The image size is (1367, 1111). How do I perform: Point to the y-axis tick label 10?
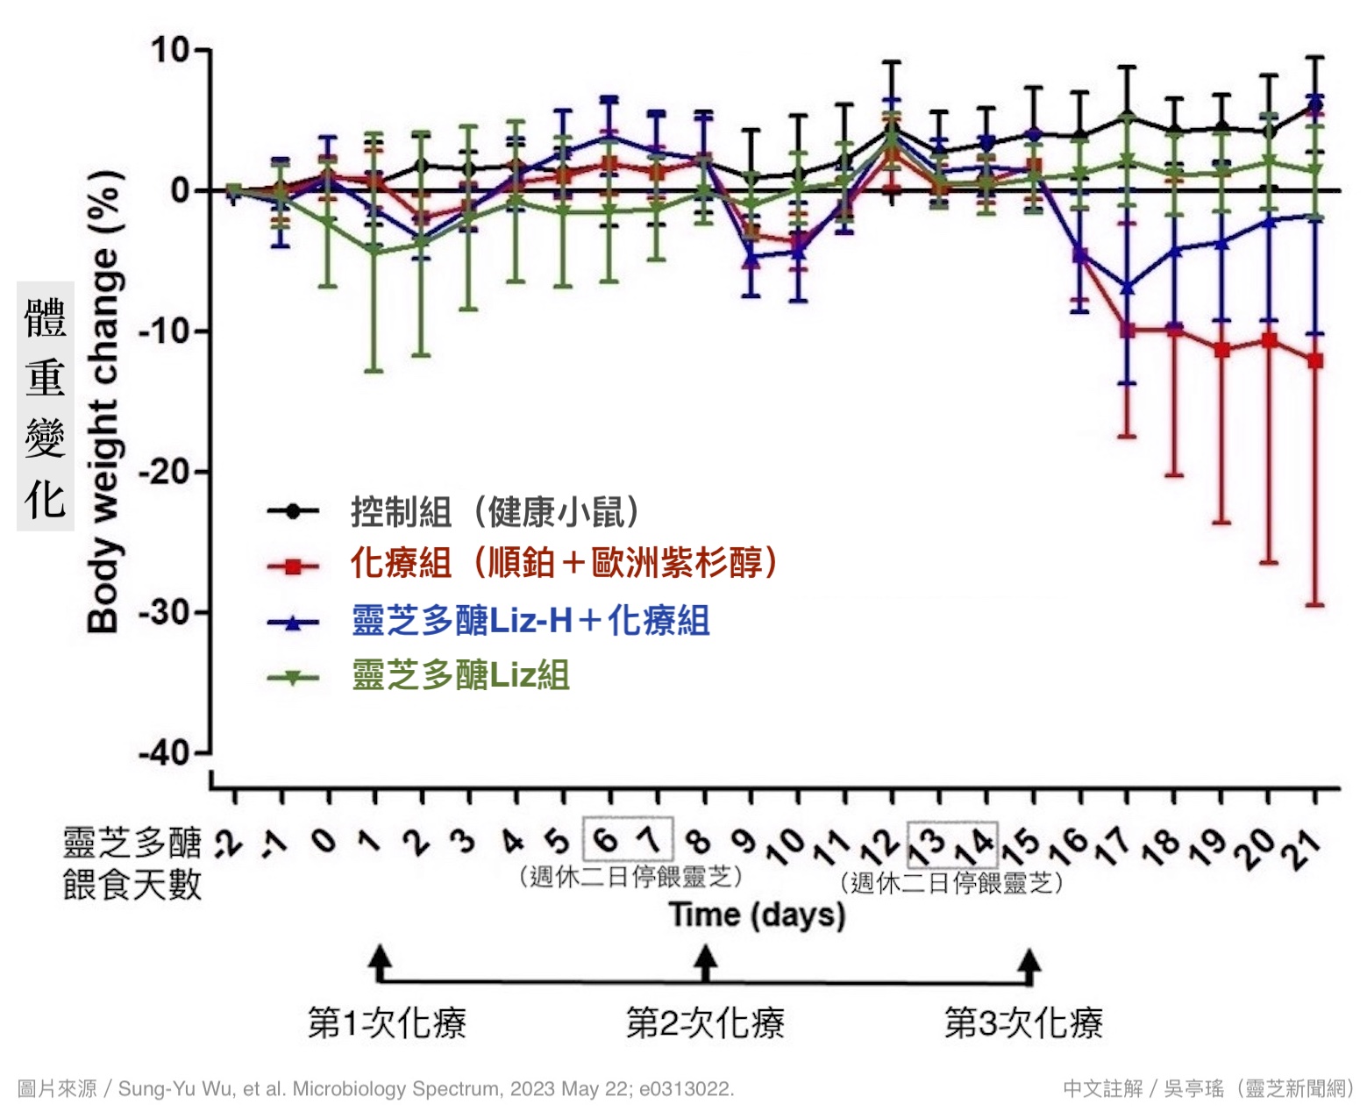(170, 50)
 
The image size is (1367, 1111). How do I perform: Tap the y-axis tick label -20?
(165, 472)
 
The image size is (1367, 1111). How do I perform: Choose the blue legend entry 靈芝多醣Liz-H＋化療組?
(530, 621)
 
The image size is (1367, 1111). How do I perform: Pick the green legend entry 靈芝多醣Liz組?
(461, 675)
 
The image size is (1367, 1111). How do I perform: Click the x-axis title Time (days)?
(758, 915)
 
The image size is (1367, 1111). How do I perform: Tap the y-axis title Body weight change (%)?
(103, 400)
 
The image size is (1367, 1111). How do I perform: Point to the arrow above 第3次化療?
(1031, 964)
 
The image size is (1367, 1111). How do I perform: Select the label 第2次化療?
(705, 1022)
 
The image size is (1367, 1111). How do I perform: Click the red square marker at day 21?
(1315, 360)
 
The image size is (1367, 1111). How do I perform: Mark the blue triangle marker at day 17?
(1128, 287)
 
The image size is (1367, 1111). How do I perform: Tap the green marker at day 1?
(374, 251)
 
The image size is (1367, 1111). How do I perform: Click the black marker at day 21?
(1315, 105)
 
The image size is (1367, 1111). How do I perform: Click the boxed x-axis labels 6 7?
(628, 839)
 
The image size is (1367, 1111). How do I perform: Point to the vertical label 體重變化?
(46, 407)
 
